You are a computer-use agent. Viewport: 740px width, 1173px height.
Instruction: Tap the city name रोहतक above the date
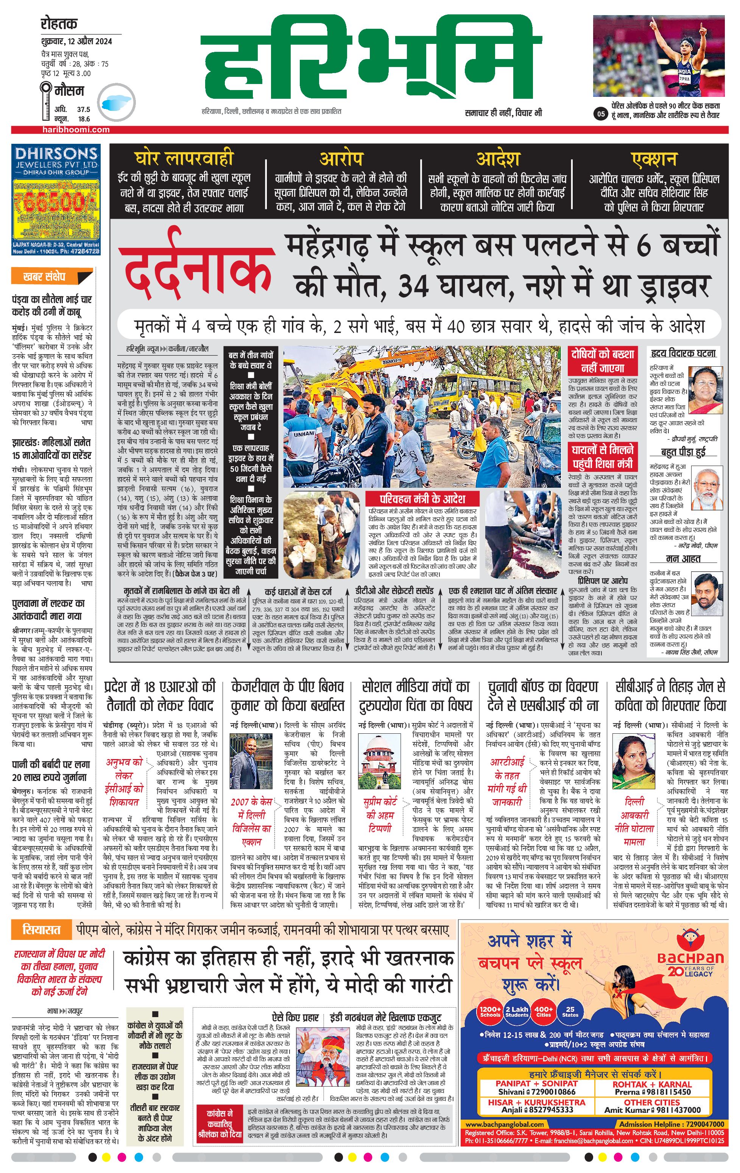(x=59, y=24)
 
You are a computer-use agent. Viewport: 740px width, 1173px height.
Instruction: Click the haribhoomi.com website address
(x=75, y=129)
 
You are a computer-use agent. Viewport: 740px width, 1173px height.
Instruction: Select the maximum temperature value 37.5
(x=83, y=110)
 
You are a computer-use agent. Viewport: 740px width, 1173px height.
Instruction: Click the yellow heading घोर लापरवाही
(x=184, y=158)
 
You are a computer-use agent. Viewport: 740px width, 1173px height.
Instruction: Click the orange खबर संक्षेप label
(x=44, y=277)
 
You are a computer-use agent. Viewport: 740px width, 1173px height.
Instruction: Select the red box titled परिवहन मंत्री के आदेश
(x=422, y=499)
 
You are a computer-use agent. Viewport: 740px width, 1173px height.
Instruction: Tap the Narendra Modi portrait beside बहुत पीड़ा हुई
(x=706, y=487)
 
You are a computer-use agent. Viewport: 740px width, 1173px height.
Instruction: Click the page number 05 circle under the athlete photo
(x=601, y=115)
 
